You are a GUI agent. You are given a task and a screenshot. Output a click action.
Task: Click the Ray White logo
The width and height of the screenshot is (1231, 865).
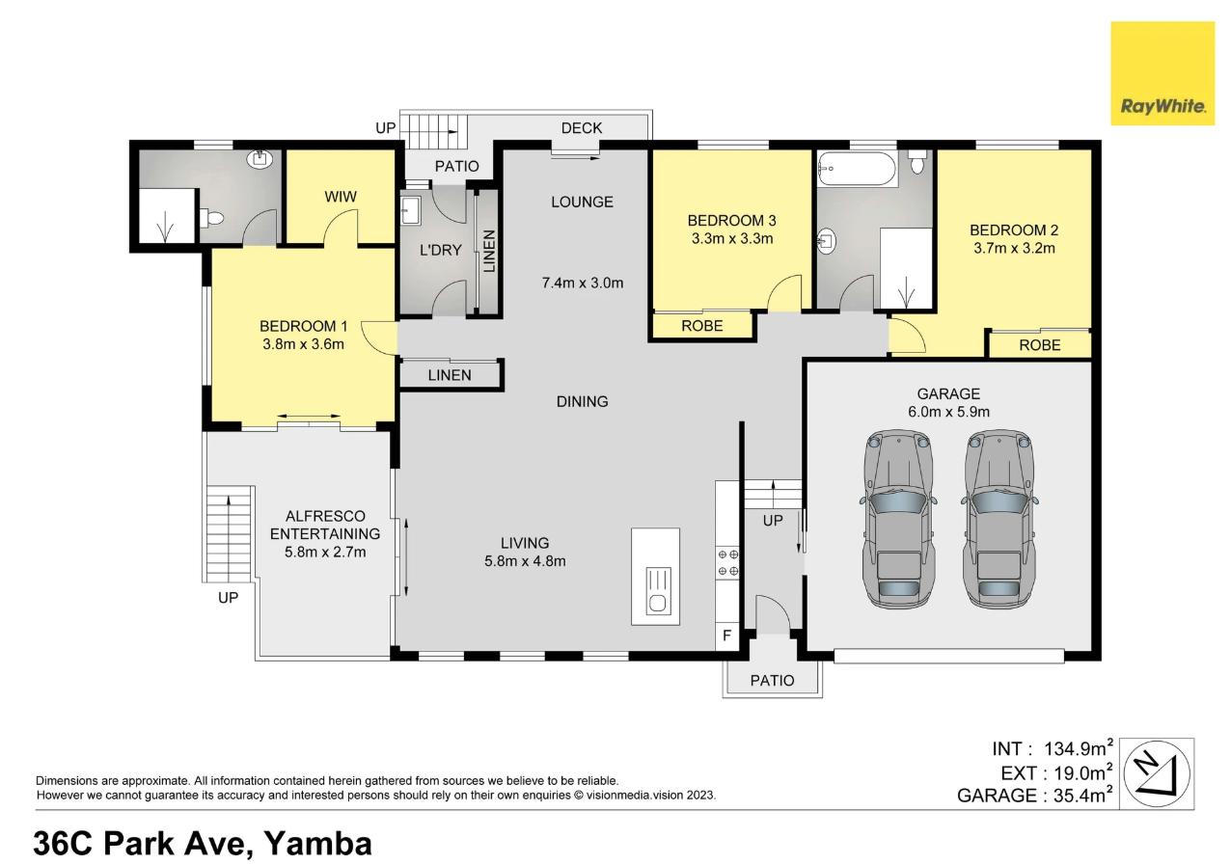tap(1163, 73)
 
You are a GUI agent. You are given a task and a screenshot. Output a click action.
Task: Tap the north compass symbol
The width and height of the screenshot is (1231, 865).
tap(1157, 773)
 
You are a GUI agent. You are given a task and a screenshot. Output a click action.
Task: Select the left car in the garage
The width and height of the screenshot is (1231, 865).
tap(898, 519)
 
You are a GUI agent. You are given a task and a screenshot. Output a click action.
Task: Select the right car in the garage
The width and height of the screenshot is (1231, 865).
tap(999, 519)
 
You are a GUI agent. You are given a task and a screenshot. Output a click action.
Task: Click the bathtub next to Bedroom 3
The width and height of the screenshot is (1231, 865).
tap(858, 168)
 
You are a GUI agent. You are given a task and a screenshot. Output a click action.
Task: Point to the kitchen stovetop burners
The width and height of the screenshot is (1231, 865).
tap(727, 563)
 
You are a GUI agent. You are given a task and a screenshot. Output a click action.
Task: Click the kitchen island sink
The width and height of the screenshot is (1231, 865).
tap(658, 591)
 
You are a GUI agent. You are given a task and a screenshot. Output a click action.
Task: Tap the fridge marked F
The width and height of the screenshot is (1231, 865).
tap(727, 636)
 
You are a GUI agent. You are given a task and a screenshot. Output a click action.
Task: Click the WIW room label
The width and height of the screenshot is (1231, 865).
tap(341, 197)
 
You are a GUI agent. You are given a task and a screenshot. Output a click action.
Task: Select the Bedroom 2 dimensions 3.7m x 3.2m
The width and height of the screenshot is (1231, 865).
tap(1014, 248)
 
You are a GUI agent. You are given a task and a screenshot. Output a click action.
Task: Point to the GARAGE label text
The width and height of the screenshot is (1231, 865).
tap(948, 393)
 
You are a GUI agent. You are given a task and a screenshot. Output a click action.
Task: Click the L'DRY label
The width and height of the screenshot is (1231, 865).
tap(440, 251)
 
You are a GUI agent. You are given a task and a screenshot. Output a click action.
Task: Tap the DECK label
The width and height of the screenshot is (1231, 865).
tap(582, 128)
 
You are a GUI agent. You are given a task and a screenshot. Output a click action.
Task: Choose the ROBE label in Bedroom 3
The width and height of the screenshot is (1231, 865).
tap(701, 326)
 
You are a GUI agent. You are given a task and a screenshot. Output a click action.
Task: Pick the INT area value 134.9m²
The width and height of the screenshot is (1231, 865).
tap(1079, 748)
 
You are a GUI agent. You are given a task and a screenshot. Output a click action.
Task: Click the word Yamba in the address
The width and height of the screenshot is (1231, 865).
tap(317, 844)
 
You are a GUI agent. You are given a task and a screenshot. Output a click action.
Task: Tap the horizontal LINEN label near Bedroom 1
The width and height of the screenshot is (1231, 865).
tap(450, 375)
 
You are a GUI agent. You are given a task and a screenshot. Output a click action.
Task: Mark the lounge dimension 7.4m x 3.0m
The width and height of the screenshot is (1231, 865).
tap(583, 284)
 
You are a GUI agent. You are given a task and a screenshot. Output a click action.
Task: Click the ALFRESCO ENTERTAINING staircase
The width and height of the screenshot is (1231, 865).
tap(228, 534)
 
